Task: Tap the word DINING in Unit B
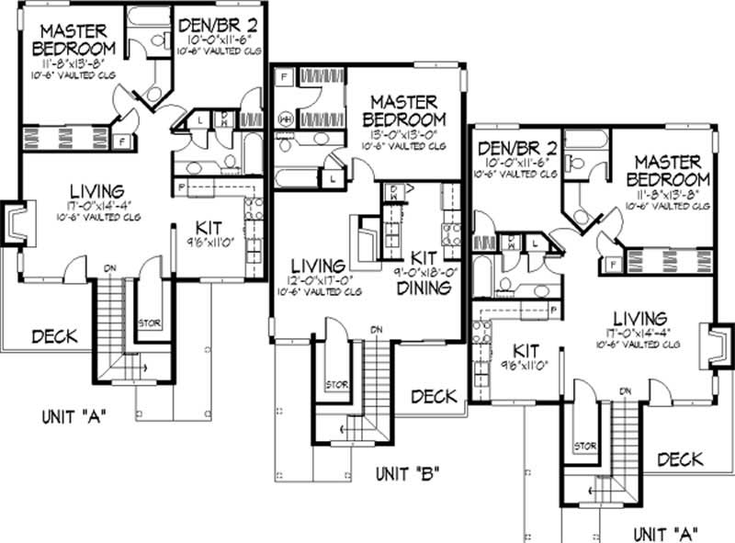tap(424, 288)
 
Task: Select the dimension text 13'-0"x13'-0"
tap(404, 134)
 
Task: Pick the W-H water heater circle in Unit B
tap(286, 119)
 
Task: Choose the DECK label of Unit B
tap(433, 396)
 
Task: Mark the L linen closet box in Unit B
tap(331, 178)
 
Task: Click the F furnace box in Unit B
tap(284, 76)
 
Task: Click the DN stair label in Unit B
tap(377, 328)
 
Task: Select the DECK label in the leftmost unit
tap(54, 336)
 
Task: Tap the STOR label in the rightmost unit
tap(585, 447)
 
